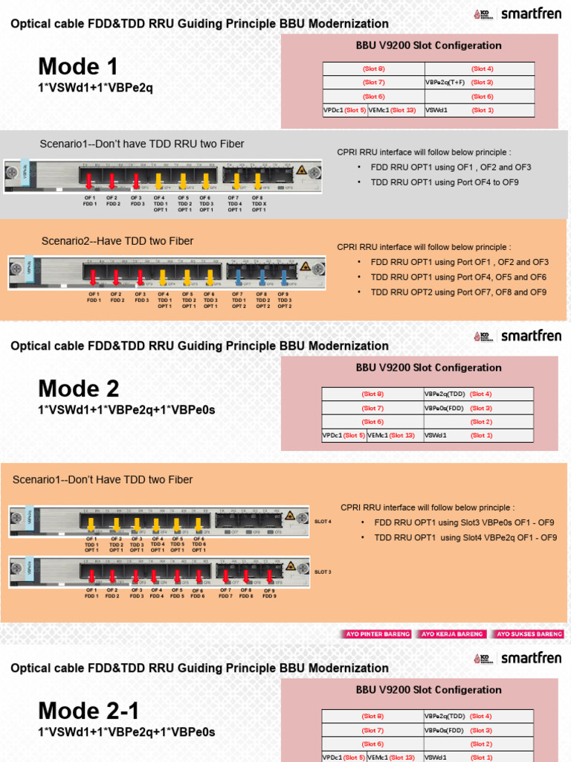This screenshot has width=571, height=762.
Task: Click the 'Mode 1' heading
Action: (x=78, y=67)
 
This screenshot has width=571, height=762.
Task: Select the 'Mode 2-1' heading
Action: (x=88, y=711)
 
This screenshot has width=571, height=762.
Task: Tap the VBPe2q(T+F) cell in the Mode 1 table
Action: (x=445, y=83)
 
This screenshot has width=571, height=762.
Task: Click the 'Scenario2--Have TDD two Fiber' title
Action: (x=117, y=240)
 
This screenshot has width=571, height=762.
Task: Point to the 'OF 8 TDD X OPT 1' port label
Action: (x=258, y=204)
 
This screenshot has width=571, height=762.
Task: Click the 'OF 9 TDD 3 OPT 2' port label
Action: (x=284, y=300)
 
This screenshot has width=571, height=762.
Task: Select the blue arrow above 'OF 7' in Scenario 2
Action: (x=238, y=277)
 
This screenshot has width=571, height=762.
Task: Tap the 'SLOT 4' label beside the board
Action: (x=323, y=522)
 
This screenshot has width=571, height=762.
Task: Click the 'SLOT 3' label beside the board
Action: (x=323, y=571)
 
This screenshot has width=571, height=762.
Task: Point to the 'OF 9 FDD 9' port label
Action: (x=268, y=593)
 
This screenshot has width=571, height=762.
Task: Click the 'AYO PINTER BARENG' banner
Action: (x=377, y=634)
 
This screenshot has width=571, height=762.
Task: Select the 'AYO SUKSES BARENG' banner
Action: (x=529, y=634)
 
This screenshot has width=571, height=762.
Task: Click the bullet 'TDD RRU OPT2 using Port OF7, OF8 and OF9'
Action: (x=458, y=292)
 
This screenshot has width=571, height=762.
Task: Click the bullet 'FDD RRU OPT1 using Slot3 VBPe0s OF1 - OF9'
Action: (x=465, y=522)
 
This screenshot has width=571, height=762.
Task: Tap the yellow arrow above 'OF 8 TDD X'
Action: (x=258, y=181)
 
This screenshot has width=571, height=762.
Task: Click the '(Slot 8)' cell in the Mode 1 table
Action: (x=373, y=68)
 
